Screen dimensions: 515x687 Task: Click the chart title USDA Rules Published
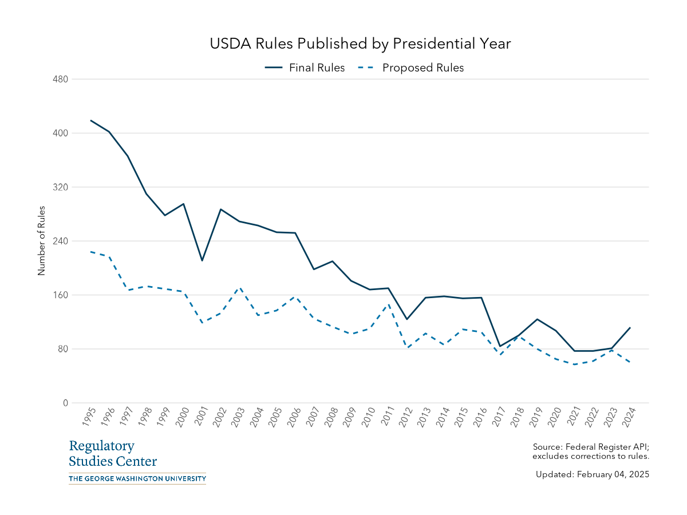click(x=360, y=44)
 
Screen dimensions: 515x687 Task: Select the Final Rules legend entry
click(x=305, y=68)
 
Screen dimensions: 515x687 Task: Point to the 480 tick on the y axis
click(x=61, y=80)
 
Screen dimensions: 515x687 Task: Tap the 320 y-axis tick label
click(x=61, y=187)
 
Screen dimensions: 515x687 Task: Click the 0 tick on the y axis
click(x=65, y=403)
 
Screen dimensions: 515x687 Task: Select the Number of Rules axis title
click(x=41, y=241)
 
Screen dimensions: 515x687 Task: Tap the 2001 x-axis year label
click(x=200, y=417)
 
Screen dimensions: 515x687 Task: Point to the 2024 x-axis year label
click(x=627, y=417)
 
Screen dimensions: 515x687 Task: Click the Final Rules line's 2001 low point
click(x=202, y=261)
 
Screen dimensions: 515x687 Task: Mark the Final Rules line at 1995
click(x=91, y=120)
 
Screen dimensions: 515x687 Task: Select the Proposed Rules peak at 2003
click(x=239, y=288)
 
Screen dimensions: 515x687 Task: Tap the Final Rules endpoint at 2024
click(x=630, y=328)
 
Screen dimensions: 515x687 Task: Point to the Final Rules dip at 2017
click(x=500, y=346)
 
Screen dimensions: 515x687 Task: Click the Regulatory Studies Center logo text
click(x=112, y=454)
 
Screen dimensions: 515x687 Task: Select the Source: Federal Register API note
click(x=590, y=451)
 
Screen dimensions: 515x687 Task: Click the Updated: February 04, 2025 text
click(x=592, y=474)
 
